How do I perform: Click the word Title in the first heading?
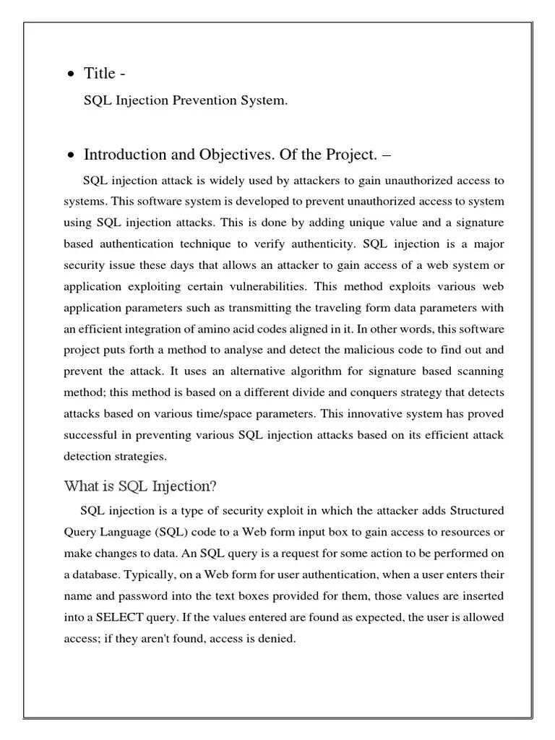(100, 73)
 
